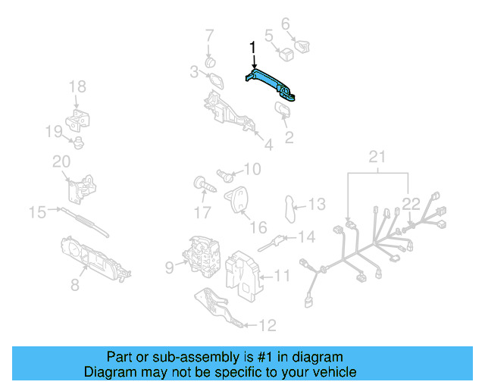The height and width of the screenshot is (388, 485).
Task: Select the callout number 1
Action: (253, 48)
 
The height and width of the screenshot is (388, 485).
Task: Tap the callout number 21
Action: (377, 157)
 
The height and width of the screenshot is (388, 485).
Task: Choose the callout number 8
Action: (75, 284)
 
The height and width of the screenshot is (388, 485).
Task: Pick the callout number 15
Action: (37, 212)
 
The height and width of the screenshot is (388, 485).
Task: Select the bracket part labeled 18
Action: (80, 120)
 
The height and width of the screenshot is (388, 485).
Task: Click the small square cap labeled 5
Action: (287, 54)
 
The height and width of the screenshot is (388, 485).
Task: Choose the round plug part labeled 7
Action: (211, 61)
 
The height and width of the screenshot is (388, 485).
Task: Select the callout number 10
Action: (251, 169)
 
